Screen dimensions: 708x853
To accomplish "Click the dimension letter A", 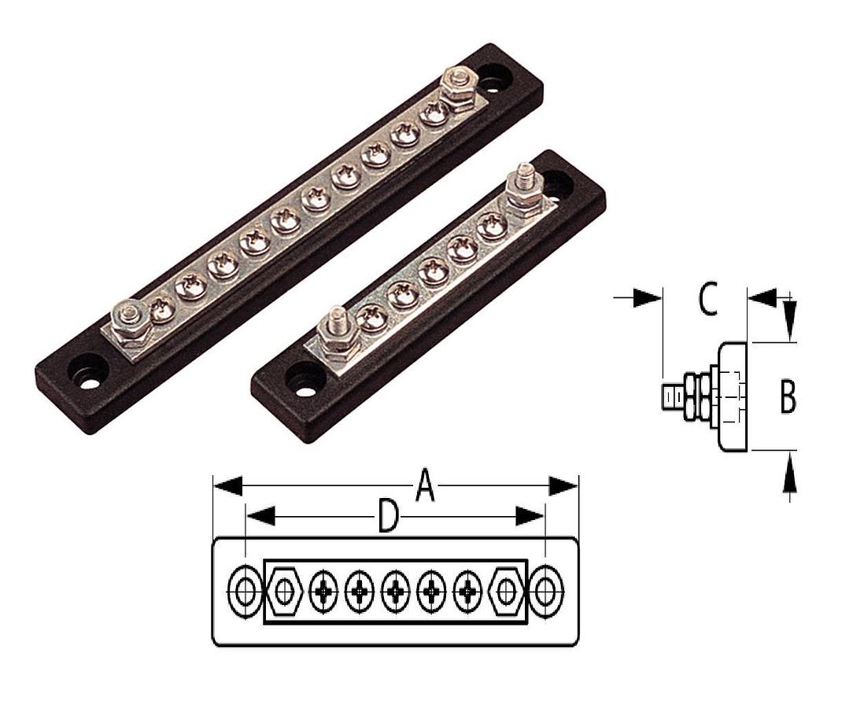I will point(424,486).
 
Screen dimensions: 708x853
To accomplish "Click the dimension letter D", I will point(386,517).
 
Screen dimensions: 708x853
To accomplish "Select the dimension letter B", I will point(787,396).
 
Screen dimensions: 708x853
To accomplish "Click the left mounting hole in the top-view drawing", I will point(245,592).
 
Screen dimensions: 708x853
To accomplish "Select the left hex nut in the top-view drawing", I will point(284,592).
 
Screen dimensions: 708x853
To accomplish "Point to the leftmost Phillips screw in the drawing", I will point(323,592).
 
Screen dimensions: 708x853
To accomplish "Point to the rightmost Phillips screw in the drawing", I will point(468,592).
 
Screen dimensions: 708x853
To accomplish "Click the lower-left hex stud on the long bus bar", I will point(127,318).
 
